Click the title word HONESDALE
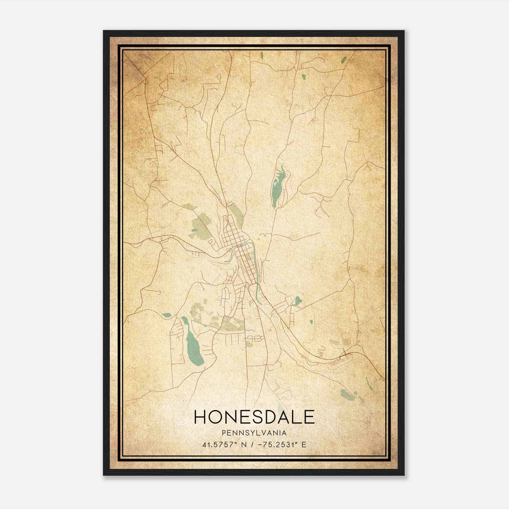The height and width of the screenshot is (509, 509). tap(254, 417)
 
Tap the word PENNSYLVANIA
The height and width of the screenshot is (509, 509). tap(254, 433)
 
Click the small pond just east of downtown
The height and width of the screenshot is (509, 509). tap(298, 300)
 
